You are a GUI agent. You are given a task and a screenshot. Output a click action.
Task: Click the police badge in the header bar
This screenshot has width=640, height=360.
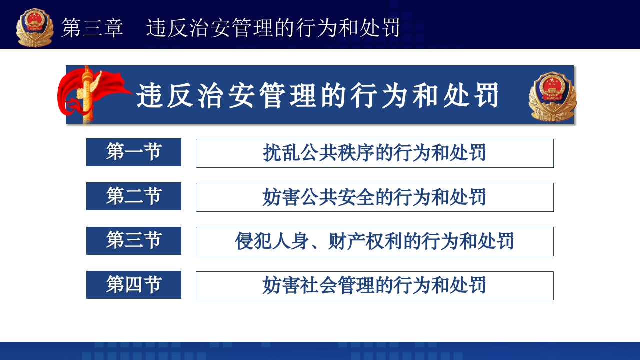pos(34,27)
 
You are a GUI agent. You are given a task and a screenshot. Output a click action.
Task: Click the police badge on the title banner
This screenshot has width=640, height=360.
pos(552,96)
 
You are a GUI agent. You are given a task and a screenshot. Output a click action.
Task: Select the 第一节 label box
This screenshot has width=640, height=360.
pos(134,152)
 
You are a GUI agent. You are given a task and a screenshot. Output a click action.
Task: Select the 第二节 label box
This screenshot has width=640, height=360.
pos(134,196)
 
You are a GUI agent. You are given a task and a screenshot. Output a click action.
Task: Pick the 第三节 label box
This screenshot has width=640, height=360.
pos(134,241)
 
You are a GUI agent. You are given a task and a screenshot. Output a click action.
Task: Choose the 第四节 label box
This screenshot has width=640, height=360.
pos(134,285)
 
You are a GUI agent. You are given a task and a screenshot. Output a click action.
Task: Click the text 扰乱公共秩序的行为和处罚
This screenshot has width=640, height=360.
pos(374,153)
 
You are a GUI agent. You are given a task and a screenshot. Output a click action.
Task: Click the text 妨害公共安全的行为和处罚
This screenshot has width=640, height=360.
pos(374,197)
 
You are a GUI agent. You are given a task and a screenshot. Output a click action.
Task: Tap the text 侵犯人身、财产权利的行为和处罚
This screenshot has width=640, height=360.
pos(374,241)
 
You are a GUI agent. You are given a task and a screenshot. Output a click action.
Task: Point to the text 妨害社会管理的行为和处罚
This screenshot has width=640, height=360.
pos(374,286)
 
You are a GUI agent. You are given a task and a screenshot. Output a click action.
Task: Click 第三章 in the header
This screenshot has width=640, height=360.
pos(92,28)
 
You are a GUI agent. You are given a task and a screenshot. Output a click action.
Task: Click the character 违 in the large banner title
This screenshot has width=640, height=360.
pos(150,96)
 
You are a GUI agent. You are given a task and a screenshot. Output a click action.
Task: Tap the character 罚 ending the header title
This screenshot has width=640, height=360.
pos(389,28)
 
